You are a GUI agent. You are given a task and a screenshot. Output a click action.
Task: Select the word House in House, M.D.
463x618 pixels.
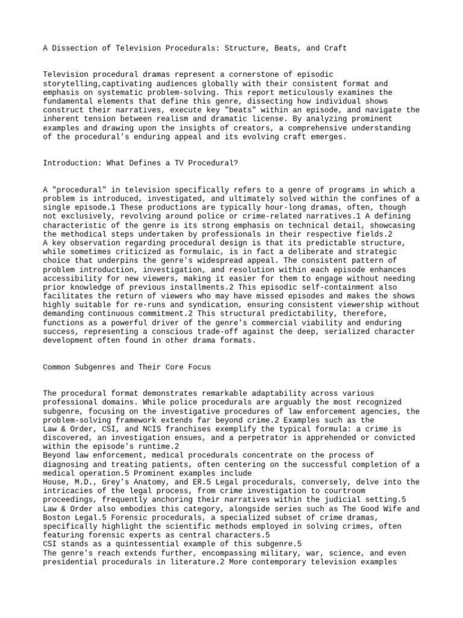point(55,482)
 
